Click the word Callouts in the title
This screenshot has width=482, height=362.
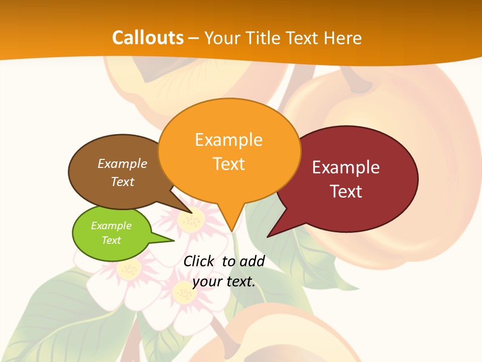coord(148,38)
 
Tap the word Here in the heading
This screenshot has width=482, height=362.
coord(342,38)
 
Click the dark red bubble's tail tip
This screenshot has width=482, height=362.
coord(268,236)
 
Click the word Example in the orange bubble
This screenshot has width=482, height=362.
coord(228,140)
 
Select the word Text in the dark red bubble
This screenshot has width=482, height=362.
coord(346,192)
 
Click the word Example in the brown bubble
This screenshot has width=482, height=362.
coord(123,164)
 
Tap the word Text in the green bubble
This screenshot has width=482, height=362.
coord(111,240)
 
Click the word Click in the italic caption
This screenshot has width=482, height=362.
coord(199,261)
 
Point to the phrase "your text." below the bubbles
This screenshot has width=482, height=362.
coord(224,282)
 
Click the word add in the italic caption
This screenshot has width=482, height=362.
coord(252,261)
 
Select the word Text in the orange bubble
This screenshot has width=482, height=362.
coord(229,164)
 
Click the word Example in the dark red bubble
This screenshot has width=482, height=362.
coord(346,167)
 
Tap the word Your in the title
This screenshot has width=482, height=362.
coord(222,38)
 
